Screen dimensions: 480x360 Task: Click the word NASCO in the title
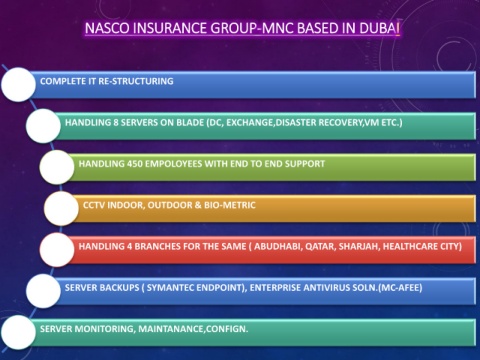click(x=107, y=28)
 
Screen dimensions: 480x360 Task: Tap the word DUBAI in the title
click(x=379, y=28)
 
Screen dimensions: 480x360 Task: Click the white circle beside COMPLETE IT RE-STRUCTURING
click(x=18, y=85)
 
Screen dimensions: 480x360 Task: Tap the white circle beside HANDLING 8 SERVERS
click(x=43, y=126)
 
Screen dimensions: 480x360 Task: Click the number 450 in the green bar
click(x=134, y=164)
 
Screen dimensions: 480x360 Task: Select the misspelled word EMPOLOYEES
click(x=173, y=164)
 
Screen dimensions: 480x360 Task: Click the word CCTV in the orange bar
click(x=94, y=205)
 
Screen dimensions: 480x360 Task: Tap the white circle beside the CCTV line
click(x=61, y=208)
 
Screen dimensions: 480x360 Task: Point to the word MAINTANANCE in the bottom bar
click(x=171, y=329)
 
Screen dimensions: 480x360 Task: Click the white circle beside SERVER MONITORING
click(x=18, y=333)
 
